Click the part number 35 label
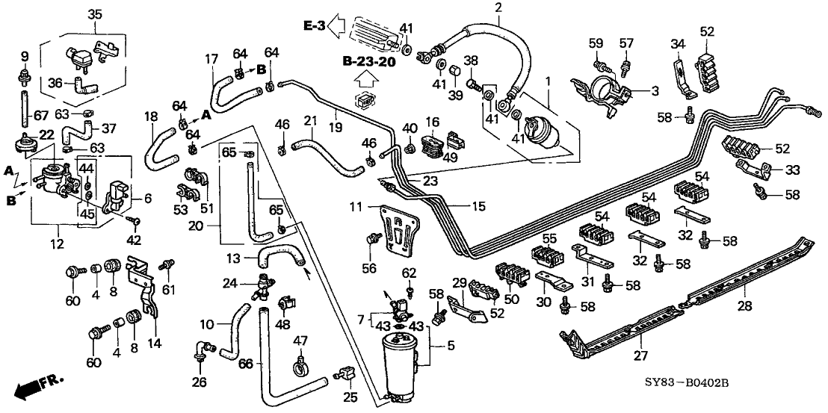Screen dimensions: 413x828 (95, 14)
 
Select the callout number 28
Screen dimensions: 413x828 (747, 305)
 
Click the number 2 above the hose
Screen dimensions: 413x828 (498, 8)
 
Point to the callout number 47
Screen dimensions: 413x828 (300, 340)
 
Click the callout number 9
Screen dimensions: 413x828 (24, 56)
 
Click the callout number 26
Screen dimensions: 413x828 (198, 384)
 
